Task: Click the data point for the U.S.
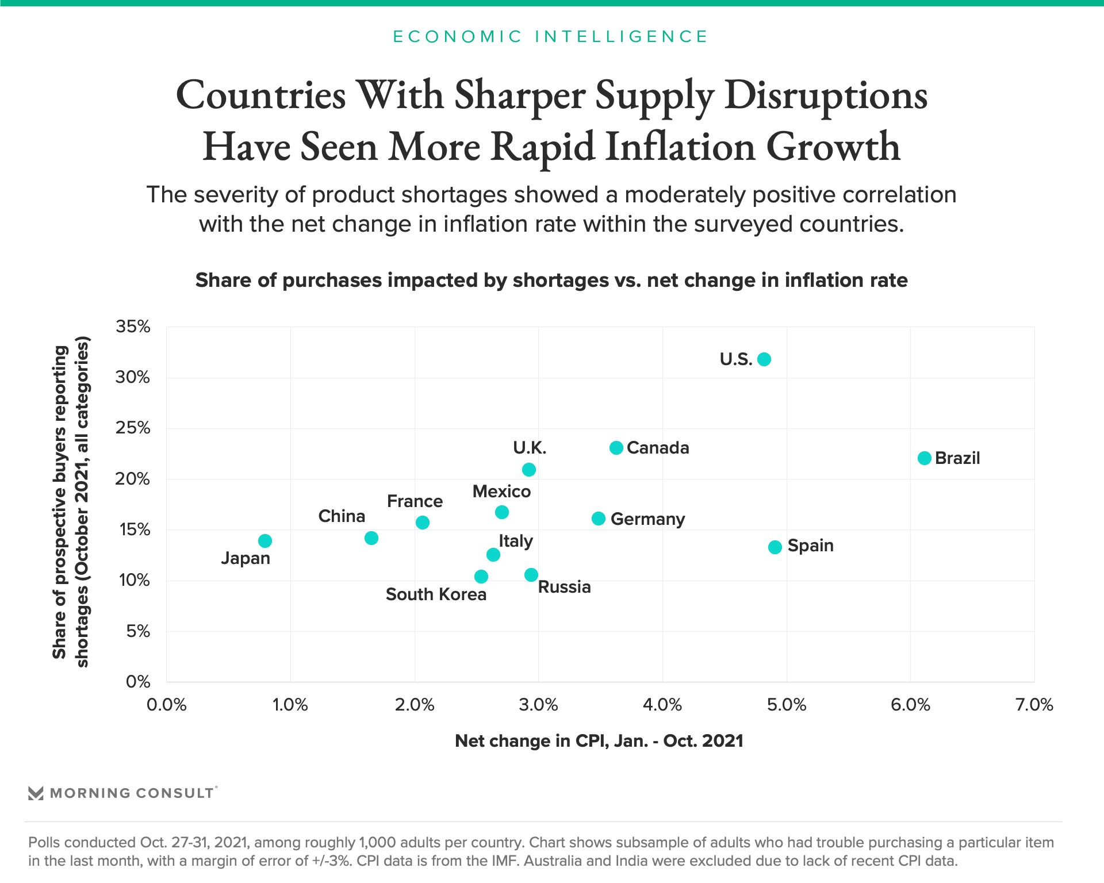(764, 359)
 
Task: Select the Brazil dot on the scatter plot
(924, 458)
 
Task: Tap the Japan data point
(265, 541)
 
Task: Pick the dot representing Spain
(775, 547)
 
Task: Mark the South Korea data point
(481, 577)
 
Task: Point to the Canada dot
(616, 448)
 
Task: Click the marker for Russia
(531, 575)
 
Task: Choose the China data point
(371, 538)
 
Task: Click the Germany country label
(647, 519)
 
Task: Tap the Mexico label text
(501, 492)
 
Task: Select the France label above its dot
(415, 501)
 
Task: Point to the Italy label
(515, 541)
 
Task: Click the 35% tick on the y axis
(133, 327)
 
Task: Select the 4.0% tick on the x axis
(662, 705)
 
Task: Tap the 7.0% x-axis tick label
(1034, 705)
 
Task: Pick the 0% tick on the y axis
(138, 682)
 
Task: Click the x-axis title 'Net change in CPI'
(599, 741)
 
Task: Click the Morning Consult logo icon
(36, 793)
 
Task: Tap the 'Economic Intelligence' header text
(550, 37)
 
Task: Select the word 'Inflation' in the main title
(680, 147)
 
